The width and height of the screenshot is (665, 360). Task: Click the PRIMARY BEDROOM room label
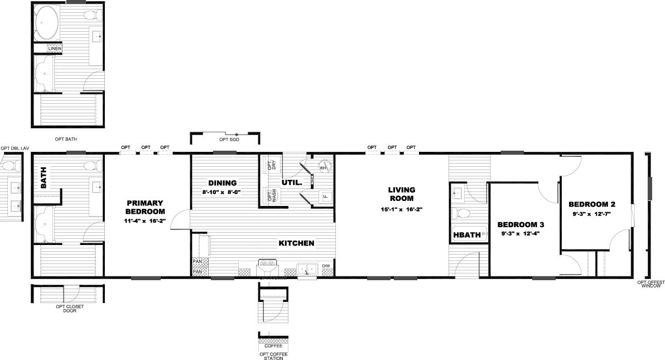pos(145,207)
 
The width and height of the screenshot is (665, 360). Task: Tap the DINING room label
pos(222,183)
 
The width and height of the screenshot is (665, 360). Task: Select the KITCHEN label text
pos(296,243)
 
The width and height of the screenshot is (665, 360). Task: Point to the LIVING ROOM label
pos(402,194)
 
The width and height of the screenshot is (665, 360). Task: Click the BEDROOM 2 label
pos(592,204)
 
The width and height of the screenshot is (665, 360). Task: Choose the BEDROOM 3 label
pos(521,224)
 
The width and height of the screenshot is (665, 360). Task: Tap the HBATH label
pos(467,235)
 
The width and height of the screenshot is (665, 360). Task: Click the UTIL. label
pos(292,183)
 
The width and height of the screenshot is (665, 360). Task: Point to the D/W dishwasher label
pos(326,266)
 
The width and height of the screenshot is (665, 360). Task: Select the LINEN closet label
pos(55,49)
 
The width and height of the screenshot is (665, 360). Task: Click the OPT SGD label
pos(229,139)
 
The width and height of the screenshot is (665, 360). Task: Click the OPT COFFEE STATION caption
pos(273,356)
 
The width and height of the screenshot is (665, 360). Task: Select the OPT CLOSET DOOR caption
pos(70,309)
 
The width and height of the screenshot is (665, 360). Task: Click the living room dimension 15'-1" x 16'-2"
pos(402,209)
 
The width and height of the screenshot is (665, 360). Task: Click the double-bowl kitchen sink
pos(307,269)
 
